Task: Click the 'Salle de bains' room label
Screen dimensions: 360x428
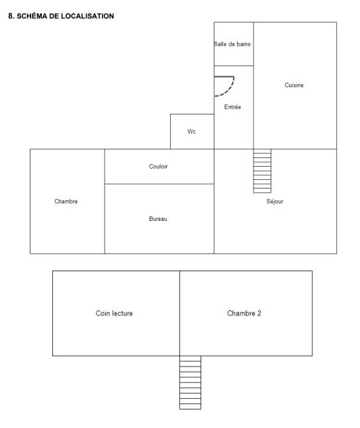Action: pos(232,44)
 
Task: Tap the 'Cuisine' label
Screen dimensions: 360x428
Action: pos(294,85)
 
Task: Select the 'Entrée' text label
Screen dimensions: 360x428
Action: pos(233,107)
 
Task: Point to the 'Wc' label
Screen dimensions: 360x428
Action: pos(192,132)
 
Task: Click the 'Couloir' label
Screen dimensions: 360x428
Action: pos(158,167)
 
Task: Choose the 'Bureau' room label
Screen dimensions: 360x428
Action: pos(158,219)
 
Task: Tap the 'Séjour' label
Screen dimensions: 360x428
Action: pos(275,202)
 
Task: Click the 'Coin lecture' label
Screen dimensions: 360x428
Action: pos(114,313)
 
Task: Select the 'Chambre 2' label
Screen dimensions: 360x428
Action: pos(244,313)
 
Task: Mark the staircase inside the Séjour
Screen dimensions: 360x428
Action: pos(262,171)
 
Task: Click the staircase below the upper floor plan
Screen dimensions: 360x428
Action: pos(191,383)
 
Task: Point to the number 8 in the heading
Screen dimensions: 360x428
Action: pos(11,16)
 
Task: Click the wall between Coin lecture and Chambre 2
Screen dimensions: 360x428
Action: pos(180,314)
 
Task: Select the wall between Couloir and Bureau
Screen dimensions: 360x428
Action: pos(159,184)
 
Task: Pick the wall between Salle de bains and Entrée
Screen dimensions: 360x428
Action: pos(234,65)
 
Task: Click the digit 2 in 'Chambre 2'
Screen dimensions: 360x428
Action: pos(259,313)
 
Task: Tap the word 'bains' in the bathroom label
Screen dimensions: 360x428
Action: pos(244,44)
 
